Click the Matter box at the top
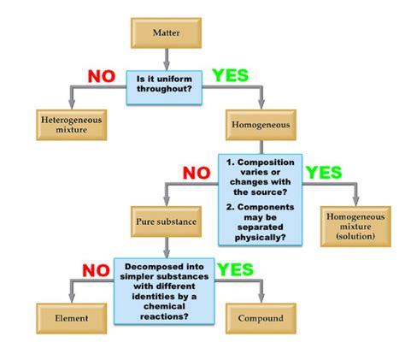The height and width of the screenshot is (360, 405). (166, 32)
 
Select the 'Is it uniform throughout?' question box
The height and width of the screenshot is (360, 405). (164, 87)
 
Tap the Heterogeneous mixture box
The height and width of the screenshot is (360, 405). (72, 125)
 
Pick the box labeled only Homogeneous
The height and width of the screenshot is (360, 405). (261, 125)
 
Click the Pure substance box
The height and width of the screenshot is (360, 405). (166, 221)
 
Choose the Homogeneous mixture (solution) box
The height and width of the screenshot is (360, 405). (355, 227)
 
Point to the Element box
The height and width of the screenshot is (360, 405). (72, 318)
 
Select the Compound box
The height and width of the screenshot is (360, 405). (261, 318)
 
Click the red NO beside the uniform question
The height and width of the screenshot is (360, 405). (102, 76)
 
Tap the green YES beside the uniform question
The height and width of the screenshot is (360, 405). (231, 75)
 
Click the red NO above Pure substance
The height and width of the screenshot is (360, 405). (197, 173)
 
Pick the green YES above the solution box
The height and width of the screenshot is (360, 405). (324, 173)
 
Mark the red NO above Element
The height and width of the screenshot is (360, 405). (96, 270)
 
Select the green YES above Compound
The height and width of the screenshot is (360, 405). (235, 269)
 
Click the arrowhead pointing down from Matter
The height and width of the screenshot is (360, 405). (167, 65)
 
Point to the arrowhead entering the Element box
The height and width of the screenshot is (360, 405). (72, 298)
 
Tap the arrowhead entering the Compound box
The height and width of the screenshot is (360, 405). (261, 298)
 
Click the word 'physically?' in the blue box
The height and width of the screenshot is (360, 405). (260, 238)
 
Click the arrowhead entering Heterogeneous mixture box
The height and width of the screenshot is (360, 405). (72, 104)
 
